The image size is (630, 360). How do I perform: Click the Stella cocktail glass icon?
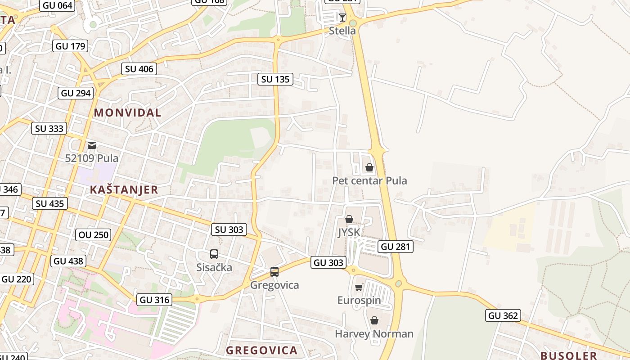[342, 18]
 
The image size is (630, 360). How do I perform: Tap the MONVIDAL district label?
[127, 112]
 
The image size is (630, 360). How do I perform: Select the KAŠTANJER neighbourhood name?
[124, 189]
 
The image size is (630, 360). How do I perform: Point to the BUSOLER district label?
[568, 355]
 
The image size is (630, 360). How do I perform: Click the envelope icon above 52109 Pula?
[92, 145]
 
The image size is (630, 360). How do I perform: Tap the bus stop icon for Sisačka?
[214, 254]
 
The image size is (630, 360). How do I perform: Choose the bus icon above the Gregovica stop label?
[274, 272]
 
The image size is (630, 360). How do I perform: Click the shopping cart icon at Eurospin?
[359, 287]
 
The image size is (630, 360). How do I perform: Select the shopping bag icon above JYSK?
[349, 219]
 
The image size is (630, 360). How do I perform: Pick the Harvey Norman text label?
[374, 334]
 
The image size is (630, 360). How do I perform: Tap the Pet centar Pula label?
[369, 180]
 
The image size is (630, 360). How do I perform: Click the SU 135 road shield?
[275, 79]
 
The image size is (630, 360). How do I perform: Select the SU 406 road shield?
[139, 69]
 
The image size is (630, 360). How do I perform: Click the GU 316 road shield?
[154, 300]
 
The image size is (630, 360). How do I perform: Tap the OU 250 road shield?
[94, 234]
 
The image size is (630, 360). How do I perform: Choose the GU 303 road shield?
[328, 262]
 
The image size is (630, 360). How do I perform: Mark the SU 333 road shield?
[49, 128]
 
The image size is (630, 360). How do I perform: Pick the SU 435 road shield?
[50, 203]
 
